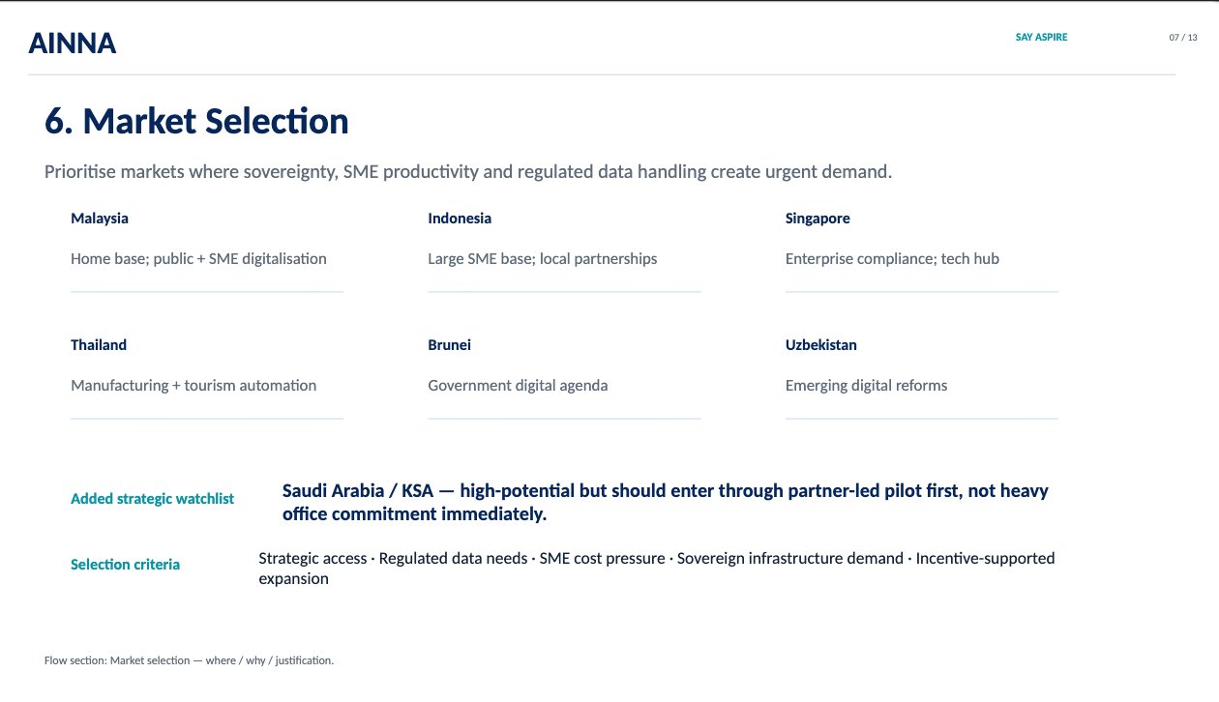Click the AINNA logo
(73, 43)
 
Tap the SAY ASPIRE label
(1041, 37)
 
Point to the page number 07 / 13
(1183, 38)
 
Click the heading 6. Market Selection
(196, 121)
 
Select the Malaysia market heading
(100, 219)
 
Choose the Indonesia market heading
(460, 219)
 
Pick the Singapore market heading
(818, 219)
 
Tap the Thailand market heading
(99, 345)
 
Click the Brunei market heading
(449, 345)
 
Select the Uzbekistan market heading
(820, 345)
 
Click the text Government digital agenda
(518, 386)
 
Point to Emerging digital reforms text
(866, 386)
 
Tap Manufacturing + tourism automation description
(193, 386)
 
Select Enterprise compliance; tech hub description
(892, 259)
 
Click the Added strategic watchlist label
(153, 499)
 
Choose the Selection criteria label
(125, 565)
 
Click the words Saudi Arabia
(333, 490)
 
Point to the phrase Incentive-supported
(985, 559)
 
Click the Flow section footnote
(189, 660)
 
